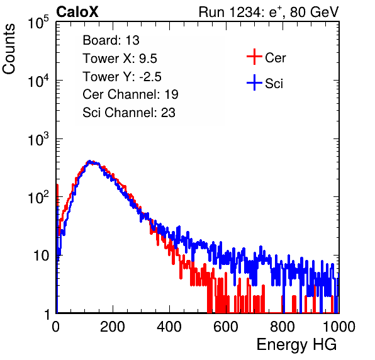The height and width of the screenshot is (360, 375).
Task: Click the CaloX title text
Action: (77, 12)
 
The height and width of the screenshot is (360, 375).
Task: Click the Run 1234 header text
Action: (269, 12)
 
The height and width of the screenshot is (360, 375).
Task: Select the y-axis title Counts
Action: (9, 48)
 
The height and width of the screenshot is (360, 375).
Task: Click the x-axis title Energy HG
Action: (296, 344)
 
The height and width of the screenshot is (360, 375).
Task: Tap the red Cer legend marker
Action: (254, 57)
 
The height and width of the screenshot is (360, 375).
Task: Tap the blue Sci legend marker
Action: (254, 83)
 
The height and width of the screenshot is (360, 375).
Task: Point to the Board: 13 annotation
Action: (111, 40)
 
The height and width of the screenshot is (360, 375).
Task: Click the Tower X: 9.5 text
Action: (120, 59)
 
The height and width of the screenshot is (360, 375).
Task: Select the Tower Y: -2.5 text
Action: (122, 77)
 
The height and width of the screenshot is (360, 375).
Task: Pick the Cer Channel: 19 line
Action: (130, 94)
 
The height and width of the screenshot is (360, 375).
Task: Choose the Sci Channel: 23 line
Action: (129, 113)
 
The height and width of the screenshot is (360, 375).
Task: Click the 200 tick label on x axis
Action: (113, 327)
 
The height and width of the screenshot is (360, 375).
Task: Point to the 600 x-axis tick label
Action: (226, 327)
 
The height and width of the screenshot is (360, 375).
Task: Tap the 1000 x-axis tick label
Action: (339, 327)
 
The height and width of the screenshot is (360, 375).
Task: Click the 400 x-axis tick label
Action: (169, 327)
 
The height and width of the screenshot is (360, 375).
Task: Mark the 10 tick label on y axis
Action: (41, 256)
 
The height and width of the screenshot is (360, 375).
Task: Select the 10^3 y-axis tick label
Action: (39, 139)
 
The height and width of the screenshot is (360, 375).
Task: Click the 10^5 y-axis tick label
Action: (39, 23)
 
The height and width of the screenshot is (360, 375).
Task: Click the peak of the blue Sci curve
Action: (89, 161)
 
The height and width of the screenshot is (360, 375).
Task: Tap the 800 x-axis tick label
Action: (283, 327)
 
